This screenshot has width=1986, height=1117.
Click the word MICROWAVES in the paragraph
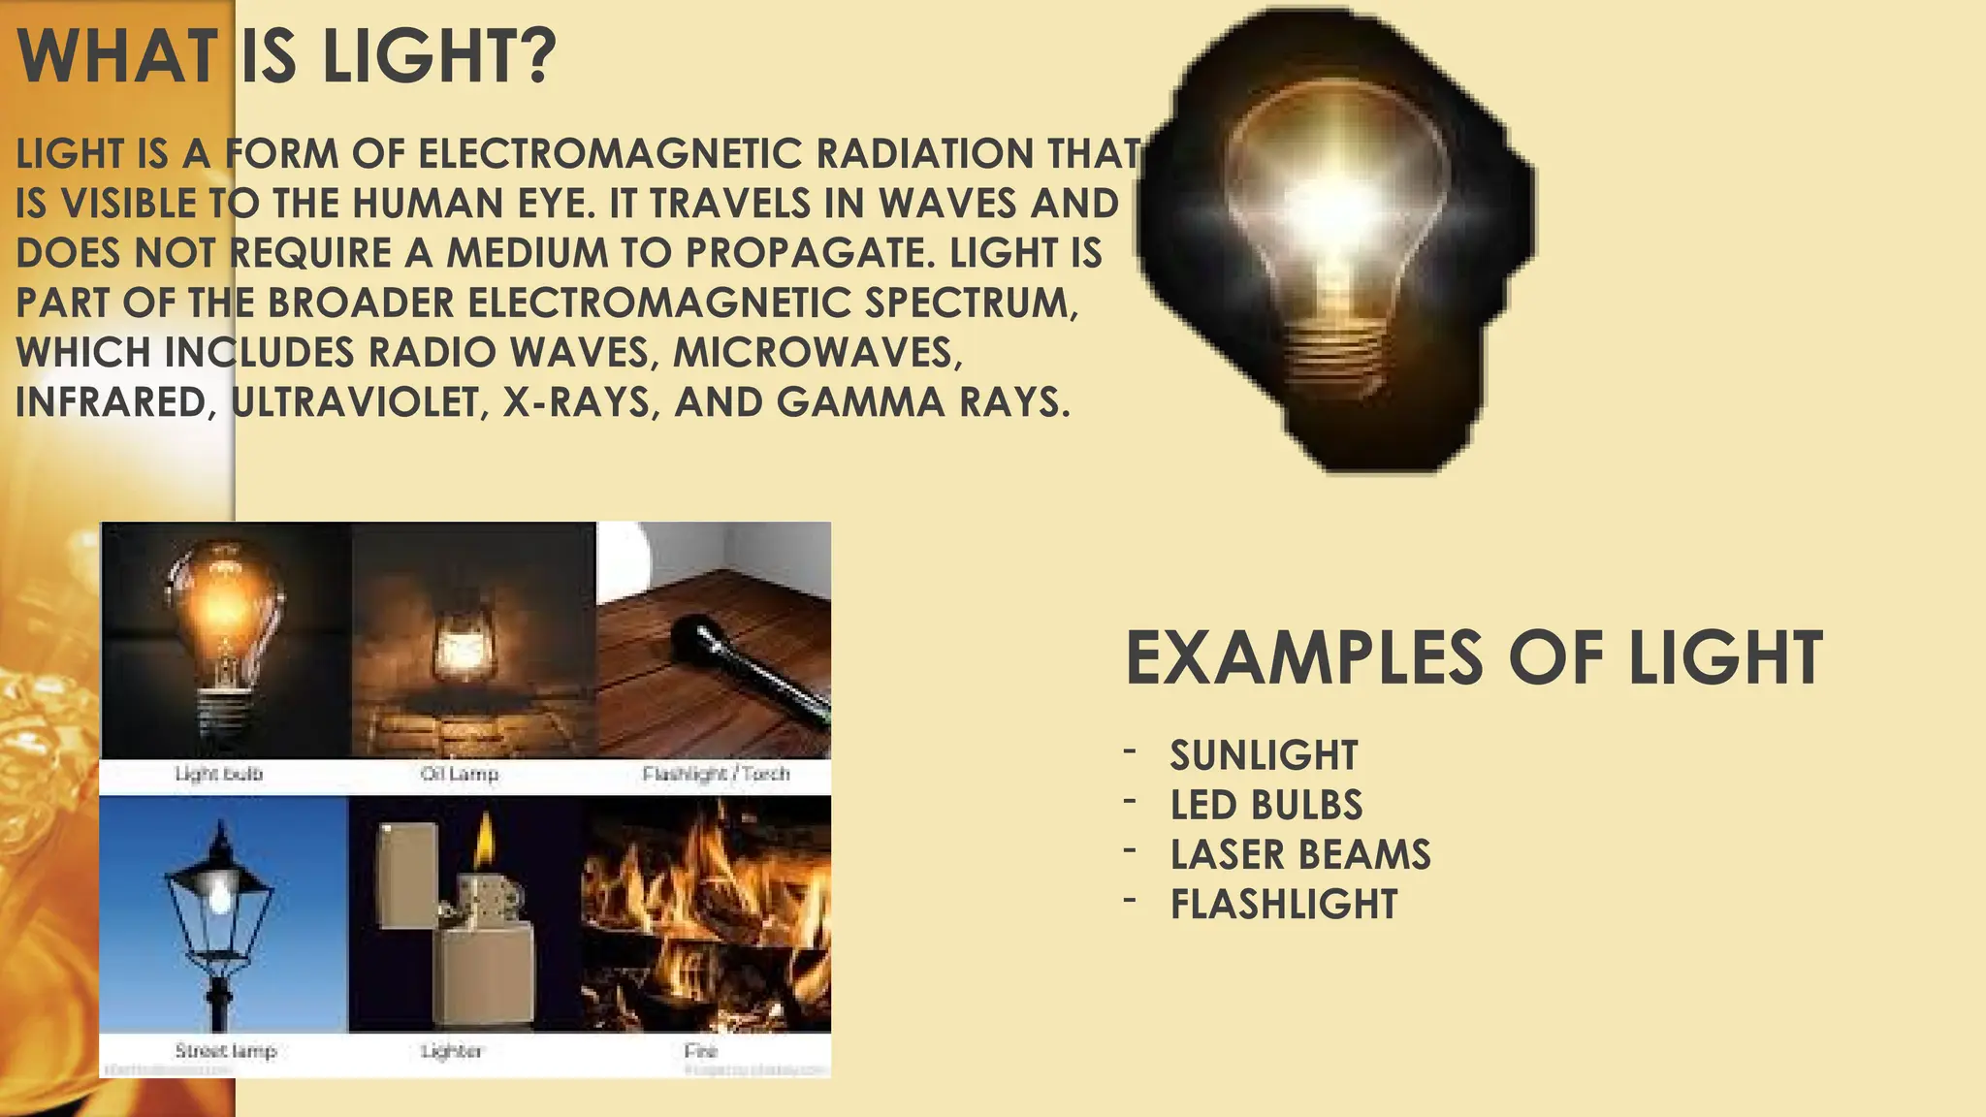tap(817, 353)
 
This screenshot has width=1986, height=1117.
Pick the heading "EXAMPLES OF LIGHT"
tap(1473, 658)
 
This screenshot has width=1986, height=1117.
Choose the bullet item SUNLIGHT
tap(1264, 755)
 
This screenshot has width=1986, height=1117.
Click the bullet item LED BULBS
tap(1266, 805)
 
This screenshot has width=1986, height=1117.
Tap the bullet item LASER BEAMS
tap(1300, 854)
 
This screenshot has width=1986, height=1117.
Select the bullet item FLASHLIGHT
tap(1284, 905)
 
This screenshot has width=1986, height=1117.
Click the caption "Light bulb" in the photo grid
tap(219, 774)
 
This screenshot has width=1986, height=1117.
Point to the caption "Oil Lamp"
tap(460, 774)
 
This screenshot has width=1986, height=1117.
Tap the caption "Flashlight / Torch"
tap(716, 774)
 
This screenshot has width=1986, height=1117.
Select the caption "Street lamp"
tap(226, 1050)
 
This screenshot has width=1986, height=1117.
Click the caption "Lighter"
tap(452, 1050)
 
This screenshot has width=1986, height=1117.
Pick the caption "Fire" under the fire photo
tap(700, 1050)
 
